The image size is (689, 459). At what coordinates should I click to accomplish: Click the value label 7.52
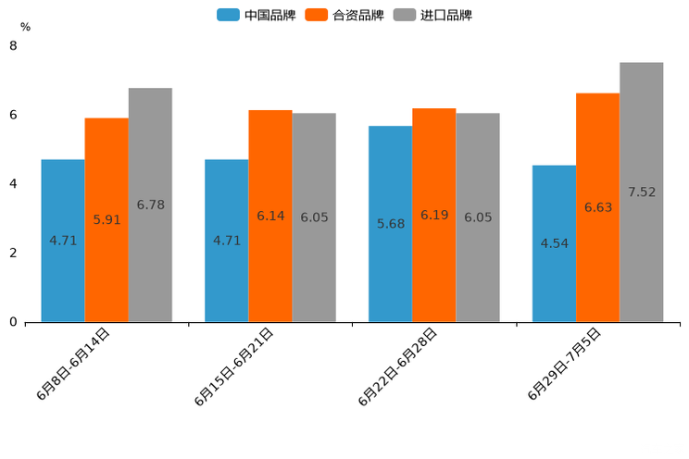tap(642, 192)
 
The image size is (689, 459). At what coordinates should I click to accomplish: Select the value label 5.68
tap(391, 224)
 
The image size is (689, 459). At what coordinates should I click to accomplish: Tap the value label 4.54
tap(555, 243)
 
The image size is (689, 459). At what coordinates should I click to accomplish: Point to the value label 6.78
tap(150, 205)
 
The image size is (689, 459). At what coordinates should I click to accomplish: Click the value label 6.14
tap(270, 216)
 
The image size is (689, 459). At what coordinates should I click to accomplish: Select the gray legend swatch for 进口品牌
tap(404, 15)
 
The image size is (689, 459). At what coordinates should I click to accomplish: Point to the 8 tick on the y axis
tap(13, 45)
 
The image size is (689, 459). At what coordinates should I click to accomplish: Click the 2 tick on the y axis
tap(13, 253)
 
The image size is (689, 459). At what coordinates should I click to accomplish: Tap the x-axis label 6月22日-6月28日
tap(397, 366)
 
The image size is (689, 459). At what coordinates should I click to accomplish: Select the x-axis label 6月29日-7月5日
tap(564, 364)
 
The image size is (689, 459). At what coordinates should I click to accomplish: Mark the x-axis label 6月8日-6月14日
tap(73, 364)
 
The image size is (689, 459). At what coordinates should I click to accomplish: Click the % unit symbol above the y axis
tap(25, 28)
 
